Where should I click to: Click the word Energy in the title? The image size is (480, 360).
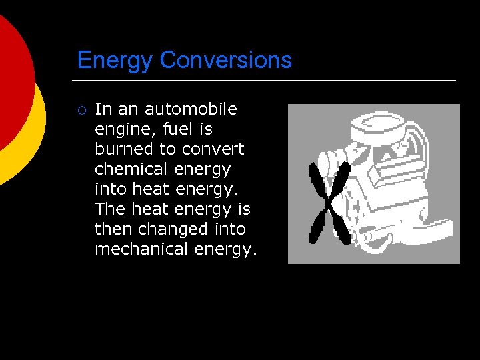point(115,61)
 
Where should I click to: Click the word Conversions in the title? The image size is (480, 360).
point(226,61)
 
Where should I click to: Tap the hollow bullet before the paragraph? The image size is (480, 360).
point(81,109)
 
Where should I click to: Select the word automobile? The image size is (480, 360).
point(191,109)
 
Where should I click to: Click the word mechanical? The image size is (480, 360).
point(142,249)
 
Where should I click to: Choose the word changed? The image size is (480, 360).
point(173,229)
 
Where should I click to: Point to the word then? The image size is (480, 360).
point(114,229)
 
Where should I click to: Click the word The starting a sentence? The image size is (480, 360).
point(110,209)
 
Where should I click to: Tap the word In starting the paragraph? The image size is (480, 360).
point(103,109)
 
